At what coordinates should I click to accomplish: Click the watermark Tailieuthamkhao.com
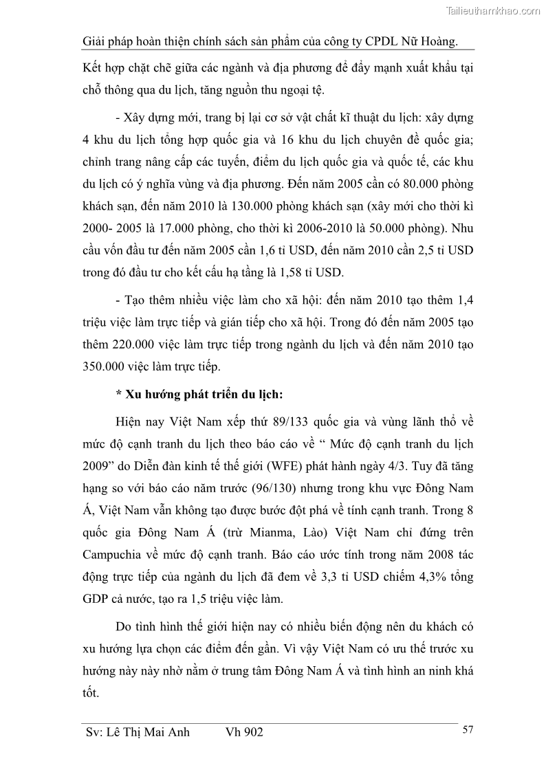click(493, 10)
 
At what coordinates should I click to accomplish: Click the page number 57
click(468, 730)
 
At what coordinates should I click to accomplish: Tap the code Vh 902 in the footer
click(244, 733)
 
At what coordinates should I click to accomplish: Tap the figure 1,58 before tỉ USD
click(283, 272)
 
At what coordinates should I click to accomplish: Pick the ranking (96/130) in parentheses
click(271, 487)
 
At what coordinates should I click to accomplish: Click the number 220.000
click(142, 344)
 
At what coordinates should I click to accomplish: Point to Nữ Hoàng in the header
click(427, 41)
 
